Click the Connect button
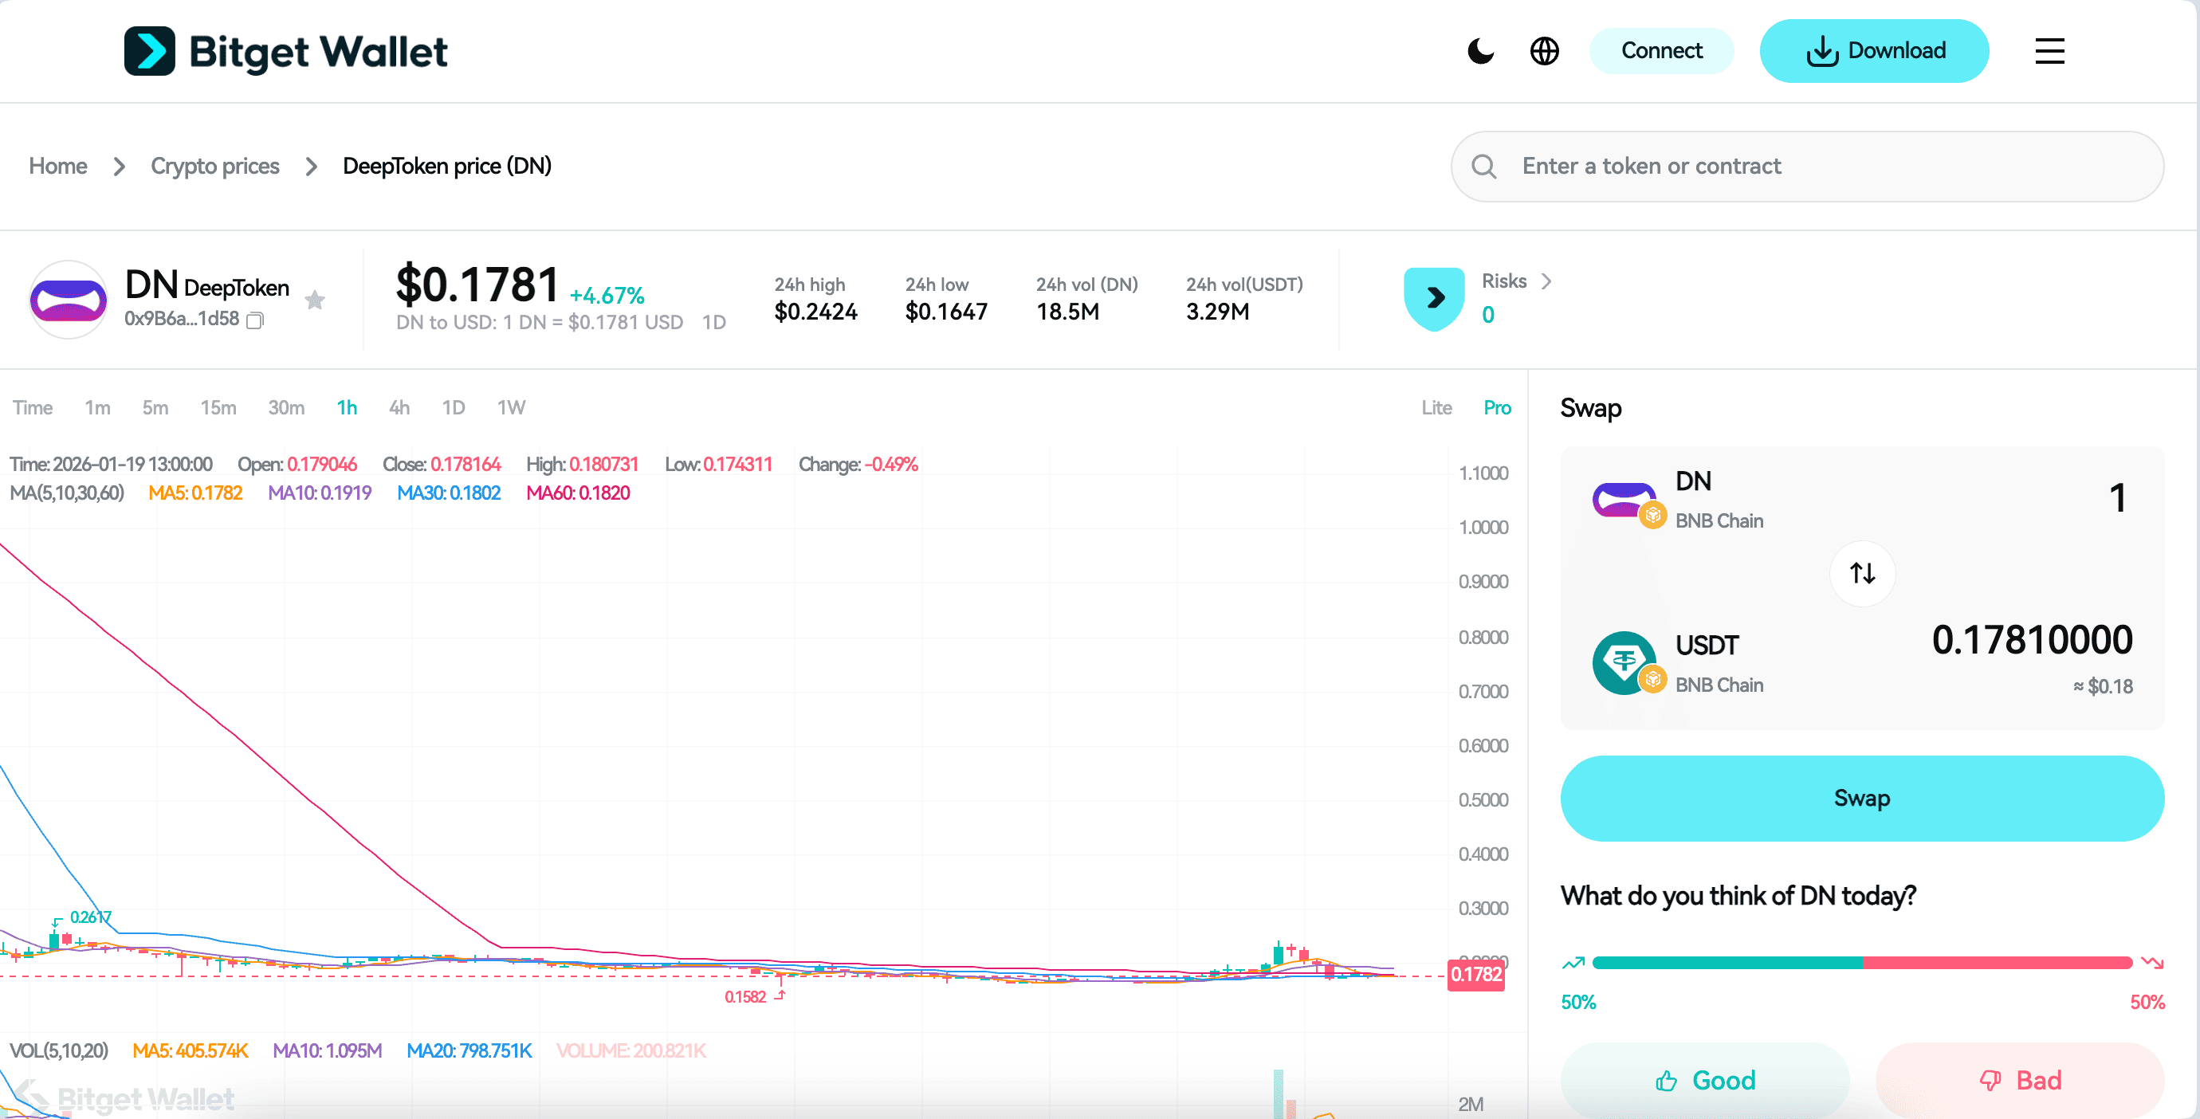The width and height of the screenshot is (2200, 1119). [1660, 51]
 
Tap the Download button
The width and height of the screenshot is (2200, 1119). [1874, 51]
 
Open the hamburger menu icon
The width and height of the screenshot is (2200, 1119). [2049, 51]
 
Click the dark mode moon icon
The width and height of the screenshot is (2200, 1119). [1481, 51]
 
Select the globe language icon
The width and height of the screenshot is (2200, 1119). [1544, 51]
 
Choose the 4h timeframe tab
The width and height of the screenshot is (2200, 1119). [399, 407]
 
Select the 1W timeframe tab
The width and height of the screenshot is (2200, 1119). [511, 407]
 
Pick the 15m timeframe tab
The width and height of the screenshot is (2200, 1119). [218, 407]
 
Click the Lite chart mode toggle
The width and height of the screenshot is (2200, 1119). [1436, 407]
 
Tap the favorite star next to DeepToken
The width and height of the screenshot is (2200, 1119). [315, 300]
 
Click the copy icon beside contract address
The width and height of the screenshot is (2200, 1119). [254, 320]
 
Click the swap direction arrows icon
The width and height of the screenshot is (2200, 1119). [1862, 573]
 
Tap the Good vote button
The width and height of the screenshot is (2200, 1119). [1705, 1080]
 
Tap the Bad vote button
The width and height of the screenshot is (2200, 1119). [2020, 1080]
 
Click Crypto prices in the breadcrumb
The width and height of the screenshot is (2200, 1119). [215, 167]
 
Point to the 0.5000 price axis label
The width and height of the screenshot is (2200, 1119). [1483, 799]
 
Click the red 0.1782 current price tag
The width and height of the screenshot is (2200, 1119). [1475, 975]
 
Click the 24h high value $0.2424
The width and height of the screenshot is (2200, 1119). [815, 312]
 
